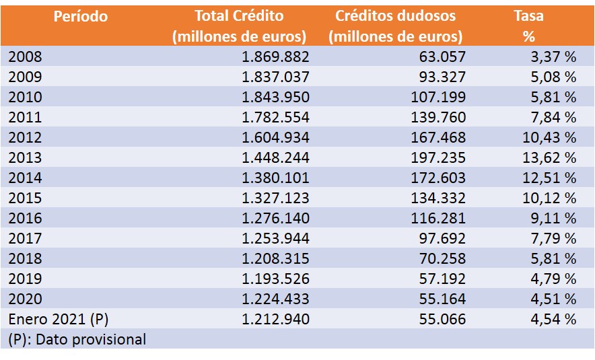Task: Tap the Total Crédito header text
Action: (x=239, y=16)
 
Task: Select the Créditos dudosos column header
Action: (x=395, y=16)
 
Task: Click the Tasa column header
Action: (x=528, y=16)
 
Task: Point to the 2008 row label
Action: (x=25, y=57)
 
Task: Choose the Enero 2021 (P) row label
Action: (x=59, y=319)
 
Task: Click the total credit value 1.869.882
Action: (x=275, y=57)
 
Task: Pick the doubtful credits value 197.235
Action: (x=438, y=158)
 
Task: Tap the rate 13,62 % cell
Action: (x=553, y=158)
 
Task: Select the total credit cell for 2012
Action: (x=275, y=138)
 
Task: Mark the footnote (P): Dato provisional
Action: (x=77, y=339)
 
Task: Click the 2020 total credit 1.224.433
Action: (x=275, y=299)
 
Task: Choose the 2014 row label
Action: (x=25, y=178)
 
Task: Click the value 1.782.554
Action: (x=275, y=118)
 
